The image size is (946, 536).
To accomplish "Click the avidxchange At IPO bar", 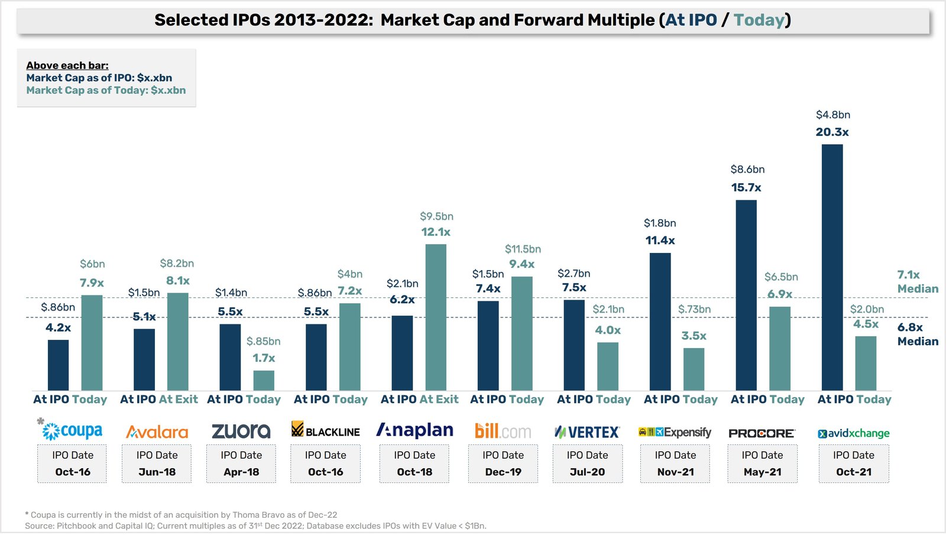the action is pyautogui.click(x=832, y=267).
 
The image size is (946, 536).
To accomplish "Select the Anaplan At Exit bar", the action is pyautogui.click(x=436, y=317).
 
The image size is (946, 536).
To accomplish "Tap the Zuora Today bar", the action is pyautogui.click(x=264, y=380).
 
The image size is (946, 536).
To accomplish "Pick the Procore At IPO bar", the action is pyautogui.click(x=746, y=295).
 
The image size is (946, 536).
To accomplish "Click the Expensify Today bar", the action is pyautogui.click(x=694, y=369).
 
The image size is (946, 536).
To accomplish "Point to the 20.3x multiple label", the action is pyautogui.click(x=832, y=132).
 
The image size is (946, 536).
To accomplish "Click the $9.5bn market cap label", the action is pyautogui.click(x=436, y=216).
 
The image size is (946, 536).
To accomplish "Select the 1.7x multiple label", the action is pyautogui.click(x=264, y=358).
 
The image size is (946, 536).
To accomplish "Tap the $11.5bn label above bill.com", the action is pyautogui.click(x=523, y=249).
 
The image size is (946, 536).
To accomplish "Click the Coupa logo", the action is pyautogui.click(x=70, y=430).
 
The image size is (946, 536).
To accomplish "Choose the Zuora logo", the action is pyautogui.click(x=241, y=431).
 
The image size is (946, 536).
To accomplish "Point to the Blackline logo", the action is pyautogui.click(x=326, y=430).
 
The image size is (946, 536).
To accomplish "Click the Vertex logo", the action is pyautogui.click(x=587, y=432).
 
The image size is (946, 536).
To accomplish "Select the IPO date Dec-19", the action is pyautogui.click(x=503, y=472).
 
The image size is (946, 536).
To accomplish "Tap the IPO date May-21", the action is pyautogui.click(x=762, y=472).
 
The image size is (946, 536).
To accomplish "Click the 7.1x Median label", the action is pyautogui.click(x=918, y=281).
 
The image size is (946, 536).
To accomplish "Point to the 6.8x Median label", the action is pyautogui.click(x=918, y=334).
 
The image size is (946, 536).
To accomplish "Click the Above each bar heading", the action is pyautogui.click(x=67, y=66).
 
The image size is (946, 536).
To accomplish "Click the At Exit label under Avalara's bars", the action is pyautogui.click(x=178, y=399).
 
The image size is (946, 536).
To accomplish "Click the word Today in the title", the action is pyautogui.click(x=759, y=20).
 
